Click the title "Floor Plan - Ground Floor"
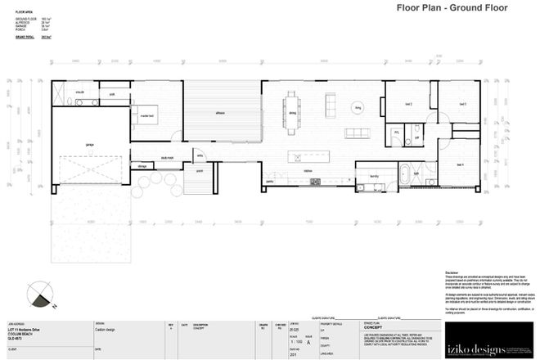[x=452, y=9]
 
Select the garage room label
[x=89, y=144]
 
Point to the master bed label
[x=148, y=117]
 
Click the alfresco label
[x=220, y=112]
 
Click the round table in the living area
[x=358, y=106]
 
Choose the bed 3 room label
[x=462, y=104]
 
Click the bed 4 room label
[x=460, y=164]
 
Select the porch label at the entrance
[x=199, y=171]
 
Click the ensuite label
[x=81, y=93]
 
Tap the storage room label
[x=142, y=165]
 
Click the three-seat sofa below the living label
[x=358, y=133]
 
